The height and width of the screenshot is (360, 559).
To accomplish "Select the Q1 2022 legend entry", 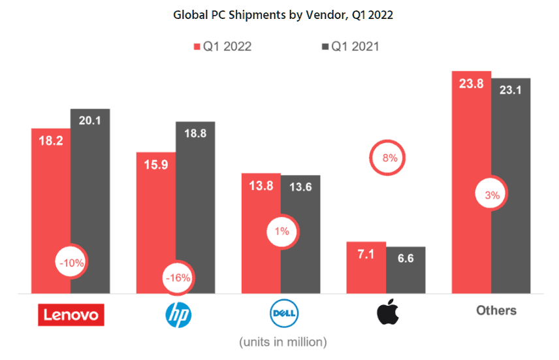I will (223, 46).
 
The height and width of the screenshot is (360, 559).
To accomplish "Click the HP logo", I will (178, 315).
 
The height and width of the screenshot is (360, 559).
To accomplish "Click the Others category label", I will (496, 310).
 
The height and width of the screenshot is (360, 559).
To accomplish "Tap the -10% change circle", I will (70, 263).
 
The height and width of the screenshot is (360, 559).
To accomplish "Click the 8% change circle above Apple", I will (388, 157).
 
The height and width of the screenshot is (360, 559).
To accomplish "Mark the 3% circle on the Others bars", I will (491, 195).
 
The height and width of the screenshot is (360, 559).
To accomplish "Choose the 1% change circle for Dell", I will (281, 231).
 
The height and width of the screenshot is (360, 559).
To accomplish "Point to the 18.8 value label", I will (195, 133).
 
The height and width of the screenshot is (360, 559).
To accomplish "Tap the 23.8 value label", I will (471, 83).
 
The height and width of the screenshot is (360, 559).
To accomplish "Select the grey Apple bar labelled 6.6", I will (406, 274).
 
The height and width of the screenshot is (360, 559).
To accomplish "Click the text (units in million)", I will (283, 342).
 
